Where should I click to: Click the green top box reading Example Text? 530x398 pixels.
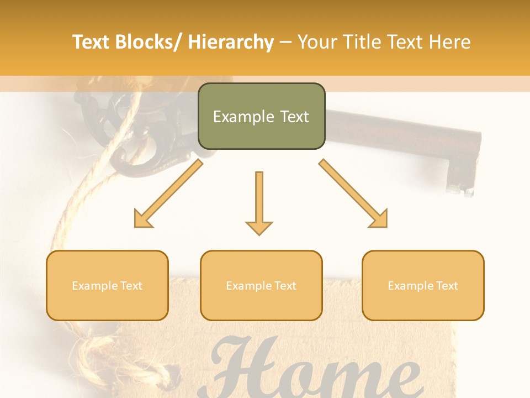261,116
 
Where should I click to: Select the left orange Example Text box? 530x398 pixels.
107,285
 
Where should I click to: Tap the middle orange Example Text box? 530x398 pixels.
261,285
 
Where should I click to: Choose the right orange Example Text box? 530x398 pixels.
423,285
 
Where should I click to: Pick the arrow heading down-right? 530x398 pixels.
353,193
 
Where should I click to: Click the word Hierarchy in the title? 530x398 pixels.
231,42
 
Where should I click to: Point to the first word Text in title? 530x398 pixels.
92,42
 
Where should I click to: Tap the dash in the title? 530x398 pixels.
285,42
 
